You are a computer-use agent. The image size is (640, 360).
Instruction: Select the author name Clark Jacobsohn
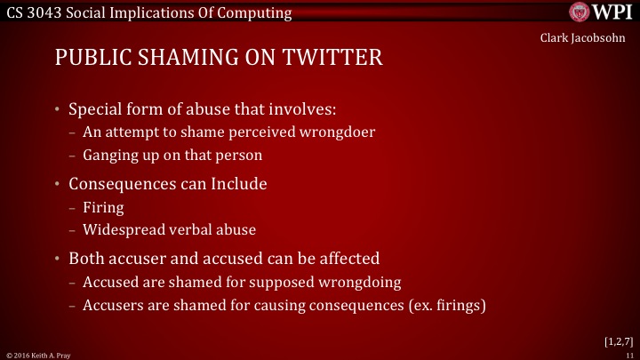pos(588,36)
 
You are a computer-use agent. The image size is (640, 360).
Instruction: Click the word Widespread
pos(123,228)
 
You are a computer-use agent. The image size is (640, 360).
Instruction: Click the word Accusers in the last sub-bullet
pos(111,304)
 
